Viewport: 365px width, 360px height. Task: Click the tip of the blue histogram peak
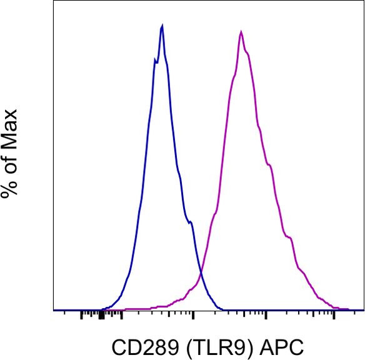(x=162, y=26)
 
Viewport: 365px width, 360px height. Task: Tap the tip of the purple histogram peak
(x=241, y=31)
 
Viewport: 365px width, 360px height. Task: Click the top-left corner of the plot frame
(x=54, y=1)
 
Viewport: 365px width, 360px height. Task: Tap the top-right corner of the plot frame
(x=363, y=1)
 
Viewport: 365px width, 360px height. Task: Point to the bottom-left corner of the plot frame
(x=54, y=310)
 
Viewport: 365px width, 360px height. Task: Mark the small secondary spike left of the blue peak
(x=154, y=59)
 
